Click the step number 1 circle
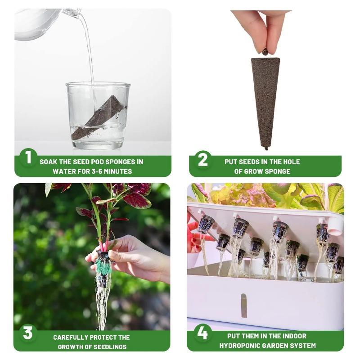[x=28, y=157]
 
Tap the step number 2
[x=203, y=160]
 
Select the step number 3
[x=28, y=333]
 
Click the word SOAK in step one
[x=48, y=162]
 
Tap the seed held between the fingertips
[x=265, y=52]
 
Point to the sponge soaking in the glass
[x=99, y=117]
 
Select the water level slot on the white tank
[x=244, y=306]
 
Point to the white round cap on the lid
[x=336, y=226]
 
